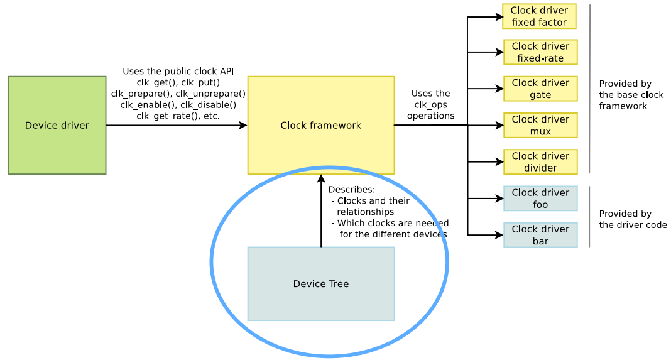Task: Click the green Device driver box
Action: coord(57,125)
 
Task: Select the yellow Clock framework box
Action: coord(320,125)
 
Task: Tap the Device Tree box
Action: coord(320,283)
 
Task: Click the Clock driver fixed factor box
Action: coord(539,16)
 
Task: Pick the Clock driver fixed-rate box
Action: coord(540,52)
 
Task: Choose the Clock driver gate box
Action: coord(540,89)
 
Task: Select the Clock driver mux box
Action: coord(540,125)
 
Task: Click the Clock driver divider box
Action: coord(540,161)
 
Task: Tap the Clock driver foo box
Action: coord(540,199)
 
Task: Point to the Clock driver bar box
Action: coord(540,235)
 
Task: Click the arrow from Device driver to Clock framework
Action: coord(176,125)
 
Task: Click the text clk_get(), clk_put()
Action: coord(178,82)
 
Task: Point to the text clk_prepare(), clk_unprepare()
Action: coord(178,94)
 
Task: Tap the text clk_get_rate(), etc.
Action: coord(178,116)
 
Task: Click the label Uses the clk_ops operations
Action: coord(430,105)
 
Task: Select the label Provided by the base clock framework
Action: coord(630,95)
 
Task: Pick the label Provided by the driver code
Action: coord(632,219)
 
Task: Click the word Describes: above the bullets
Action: coord(351,190)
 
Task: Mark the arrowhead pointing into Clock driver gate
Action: coord(500,89)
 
